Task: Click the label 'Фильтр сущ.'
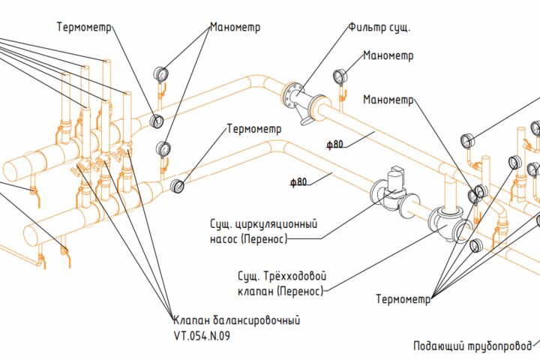coord(379,27)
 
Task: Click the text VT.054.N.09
coord(202,336)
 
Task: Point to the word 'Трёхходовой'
coord(295,276)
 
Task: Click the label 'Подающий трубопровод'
coord(472,346)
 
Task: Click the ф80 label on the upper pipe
coord(335,144)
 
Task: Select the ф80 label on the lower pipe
coord(298,182)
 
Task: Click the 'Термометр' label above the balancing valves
coord(85,27)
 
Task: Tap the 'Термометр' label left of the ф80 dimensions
coord(254,129)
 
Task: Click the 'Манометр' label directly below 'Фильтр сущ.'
coord(388,55)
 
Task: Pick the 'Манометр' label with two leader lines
coord(235,27)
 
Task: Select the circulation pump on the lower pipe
coord(394,193)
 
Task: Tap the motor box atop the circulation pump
coord(396,178)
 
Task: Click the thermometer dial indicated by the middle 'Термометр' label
coord(177,186)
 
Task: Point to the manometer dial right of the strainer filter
coord(339,76)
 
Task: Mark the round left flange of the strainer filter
coord(291,94)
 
